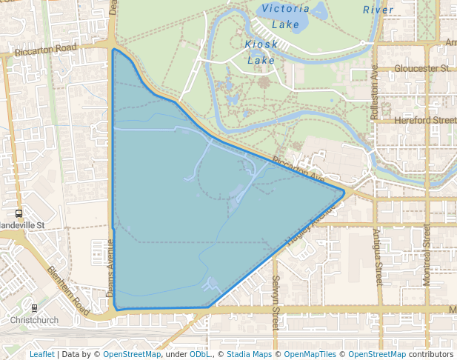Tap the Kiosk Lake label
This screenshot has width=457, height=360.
coord(261,52)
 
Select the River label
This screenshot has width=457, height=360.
coord(378,10)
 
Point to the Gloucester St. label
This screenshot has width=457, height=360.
coord(423,68)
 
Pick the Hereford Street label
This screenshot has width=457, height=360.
coord(425,120)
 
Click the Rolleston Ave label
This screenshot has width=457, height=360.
coord(374,93)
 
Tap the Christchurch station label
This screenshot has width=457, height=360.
coord(34,320)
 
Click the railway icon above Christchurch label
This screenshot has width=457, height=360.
coord(34,307)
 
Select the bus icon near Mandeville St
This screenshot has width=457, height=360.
coord(19,214)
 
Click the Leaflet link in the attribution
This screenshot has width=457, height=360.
coord(41,354)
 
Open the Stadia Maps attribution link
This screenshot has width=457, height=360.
coord(248,354)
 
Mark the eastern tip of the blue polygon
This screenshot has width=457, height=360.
coord(344,193)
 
